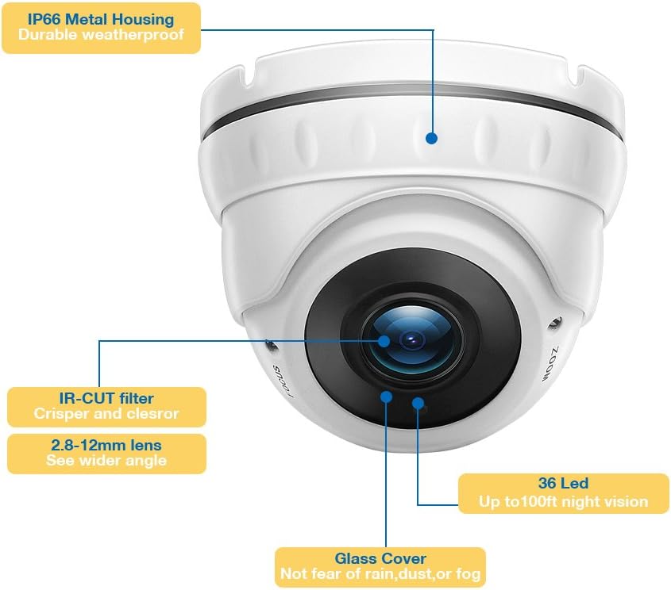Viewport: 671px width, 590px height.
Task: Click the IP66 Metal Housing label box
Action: (x=101, y=27)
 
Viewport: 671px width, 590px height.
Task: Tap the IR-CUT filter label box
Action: (x=106, y=406)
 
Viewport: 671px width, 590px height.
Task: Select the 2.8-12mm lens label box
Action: (x=106, y=453)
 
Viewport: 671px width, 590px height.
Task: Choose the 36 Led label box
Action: (x=563, y=492)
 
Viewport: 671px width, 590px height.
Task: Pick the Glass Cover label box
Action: (x=380, y=566)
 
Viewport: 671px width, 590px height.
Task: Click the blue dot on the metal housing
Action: (x=431, y=138)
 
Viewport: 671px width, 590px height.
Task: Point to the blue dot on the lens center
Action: (x=384, y=341)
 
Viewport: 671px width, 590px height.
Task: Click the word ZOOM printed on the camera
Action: (x=549, y=363)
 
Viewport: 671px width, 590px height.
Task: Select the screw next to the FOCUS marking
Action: (x=271, y=346)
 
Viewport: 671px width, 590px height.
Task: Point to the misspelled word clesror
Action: (x=150, y=414)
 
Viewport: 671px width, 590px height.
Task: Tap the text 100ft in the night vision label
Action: (x=541, y=501)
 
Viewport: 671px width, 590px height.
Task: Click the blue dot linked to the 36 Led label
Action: (x=418, y=403)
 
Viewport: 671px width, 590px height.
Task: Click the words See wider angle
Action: (x=106, y=461)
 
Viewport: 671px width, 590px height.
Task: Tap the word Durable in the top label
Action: (x=46, y=35)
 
